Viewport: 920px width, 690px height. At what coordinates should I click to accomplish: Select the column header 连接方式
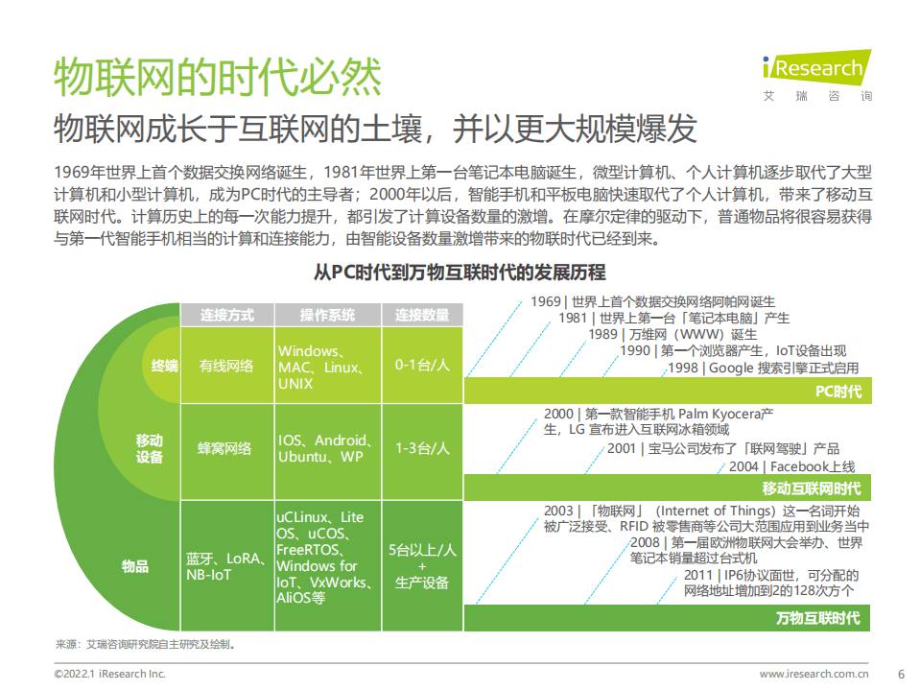point(227,315)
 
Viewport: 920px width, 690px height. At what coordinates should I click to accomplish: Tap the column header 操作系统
point(327,315)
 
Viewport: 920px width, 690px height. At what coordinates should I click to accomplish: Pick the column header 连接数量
point(422,315)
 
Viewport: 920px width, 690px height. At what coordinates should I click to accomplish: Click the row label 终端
point(164,366)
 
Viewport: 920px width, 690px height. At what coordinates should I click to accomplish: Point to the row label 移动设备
point(150,448)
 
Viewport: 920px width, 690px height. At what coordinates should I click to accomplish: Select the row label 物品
point(135,566)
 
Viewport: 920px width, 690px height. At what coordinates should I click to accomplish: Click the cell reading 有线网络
point(226,366)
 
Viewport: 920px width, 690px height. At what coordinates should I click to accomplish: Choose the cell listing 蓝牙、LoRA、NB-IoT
point(224,566)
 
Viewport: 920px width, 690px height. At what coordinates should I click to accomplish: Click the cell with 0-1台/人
point(422,366)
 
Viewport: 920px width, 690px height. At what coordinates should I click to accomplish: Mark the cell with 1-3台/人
point(422,448)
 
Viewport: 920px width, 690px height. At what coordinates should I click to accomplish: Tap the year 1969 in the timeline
point(544,302)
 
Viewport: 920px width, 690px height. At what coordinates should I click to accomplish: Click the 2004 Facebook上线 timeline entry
point(792,466)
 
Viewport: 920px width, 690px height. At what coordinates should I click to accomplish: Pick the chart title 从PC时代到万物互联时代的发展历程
point(460,273)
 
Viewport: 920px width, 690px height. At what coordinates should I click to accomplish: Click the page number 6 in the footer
point(899,674)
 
